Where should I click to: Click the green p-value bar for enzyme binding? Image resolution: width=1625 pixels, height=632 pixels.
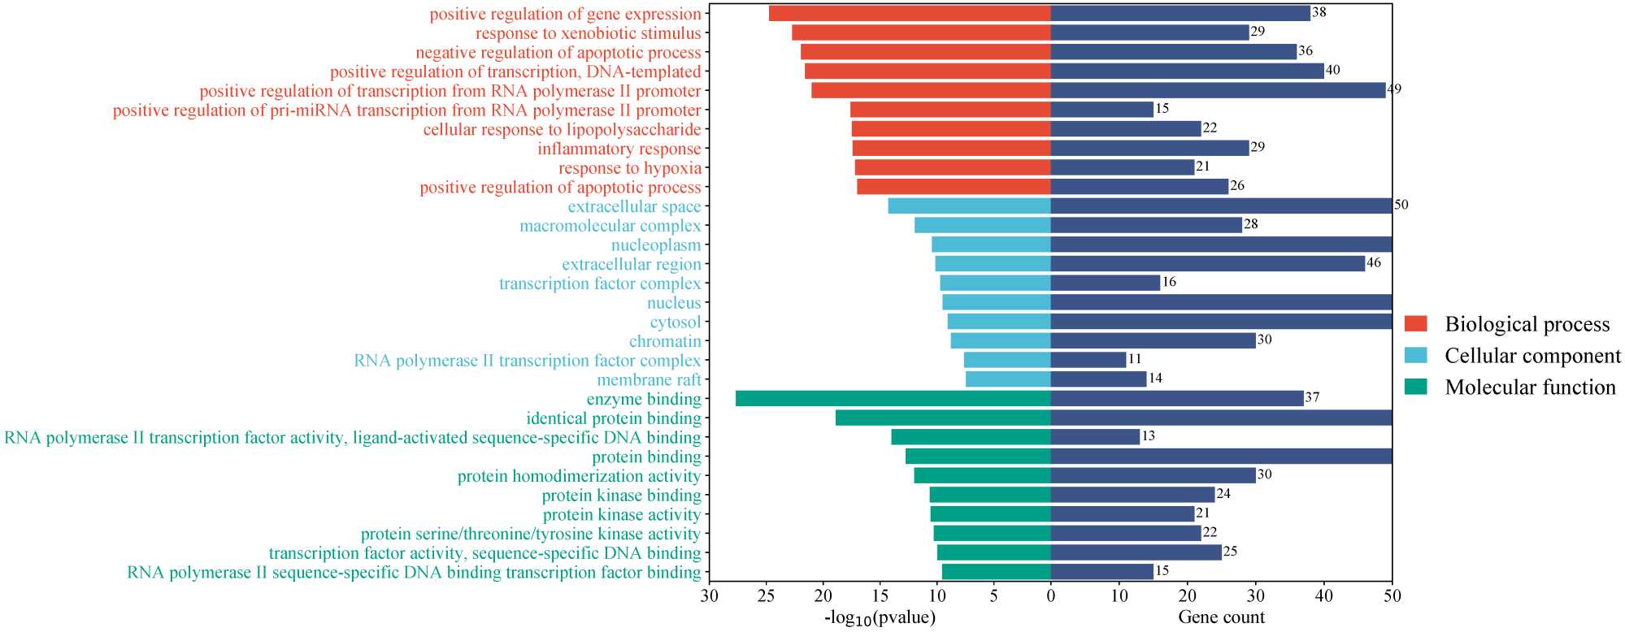click(893, 399)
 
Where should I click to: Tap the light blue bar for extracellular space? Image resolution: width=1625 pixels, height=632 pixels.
click(969, 206)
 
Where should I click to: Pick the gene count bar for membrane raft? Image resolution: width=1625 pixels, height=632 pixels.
click(1098, 379)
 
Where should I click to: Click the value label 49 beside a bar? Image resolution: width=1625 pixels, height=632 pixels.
click(1394, 89)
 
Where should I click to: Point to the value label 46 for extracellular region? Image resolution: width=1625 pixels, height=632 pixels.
click(1374, 263)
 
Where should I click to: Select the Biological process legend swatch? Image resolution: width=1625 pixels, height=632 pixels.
click(1416, 324)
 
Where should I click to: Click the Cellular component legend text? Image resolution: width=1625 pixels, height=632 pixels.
click(1532, 356)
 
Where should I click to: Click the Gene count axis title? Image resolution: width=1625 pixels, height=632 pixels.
click(1221, 617)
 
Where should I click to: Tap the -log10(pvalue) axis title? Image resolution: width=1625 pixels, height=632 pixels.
click(880, 618)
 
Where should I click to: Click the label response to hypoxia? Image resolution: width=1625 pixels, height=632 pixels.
click(629, 168)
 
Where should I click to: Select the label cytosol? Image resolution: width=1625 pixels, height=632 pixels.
click(675, 322)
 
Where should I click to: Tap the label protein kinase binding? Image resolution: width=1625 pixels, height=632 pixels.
click(621, 496)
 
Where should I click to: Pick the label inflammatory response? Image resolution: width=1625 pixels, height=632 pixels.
click(619, 149)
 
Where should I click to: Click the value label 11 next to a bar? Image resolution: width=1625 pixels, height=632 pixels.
click(1135, 359)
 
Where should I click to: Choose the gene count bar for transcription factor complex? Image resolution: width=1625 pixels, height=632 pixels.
click(1105, 283)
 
